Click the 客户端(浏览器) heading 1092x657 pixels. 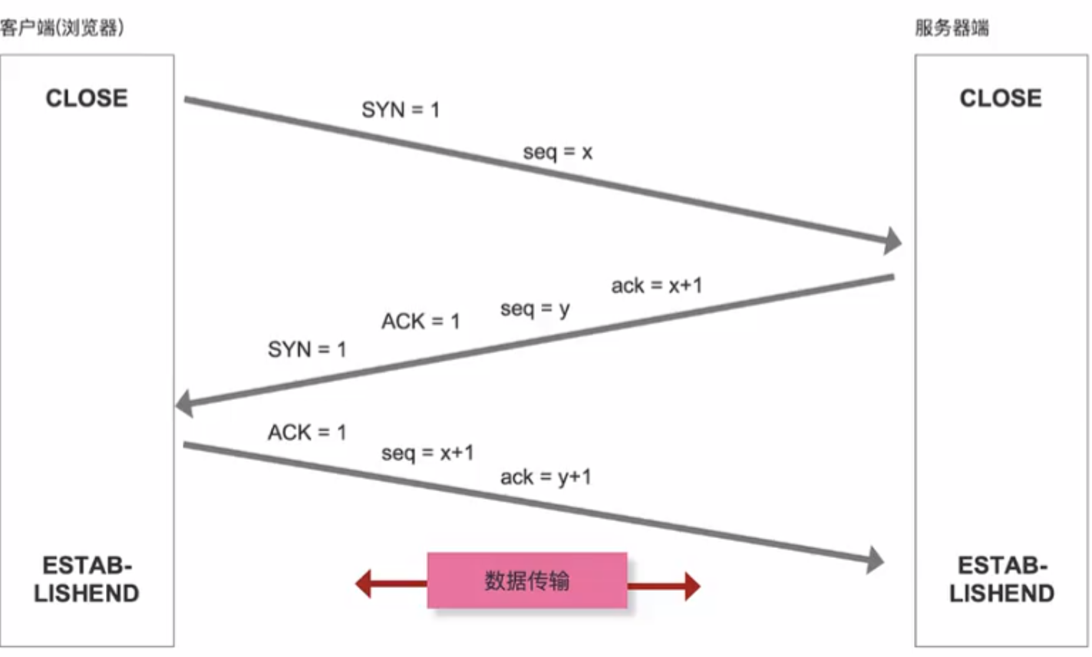point(61,29)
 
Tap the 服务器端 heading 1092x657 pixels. point(952,29)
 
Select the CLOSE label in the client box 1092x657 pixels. point(87,98)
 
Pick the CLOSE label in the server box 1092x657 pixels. point(1001,98)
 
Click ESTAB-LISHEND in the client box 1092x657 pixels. point(87,579)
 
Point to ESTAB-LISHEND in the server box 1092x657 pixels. point(1001,579)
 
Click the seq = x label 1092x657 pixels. point(558,152)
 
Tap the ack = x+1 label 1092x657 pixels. point(656,286)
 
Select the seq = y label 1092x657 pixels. point(535,309)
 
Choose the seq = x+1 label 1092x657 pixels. point(427,453)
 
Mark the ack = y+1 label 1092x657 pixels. point(546,477)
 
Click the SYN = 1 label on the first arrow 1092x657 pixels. point(401,111)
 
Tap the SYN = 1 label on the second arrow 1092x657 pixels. point(307,350)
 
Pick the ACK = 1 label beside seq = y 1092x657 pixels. point(421,321)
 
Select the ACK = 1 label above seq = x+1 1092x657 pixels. point(307,433)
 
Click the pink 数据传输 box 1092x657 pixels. point(527,580)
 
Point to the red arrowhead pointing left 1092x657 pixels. point(364,584)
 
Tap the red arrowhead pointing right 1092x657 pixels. point(691,586)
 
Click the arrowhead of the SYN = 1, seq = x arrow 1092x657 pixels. point(892,241)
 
